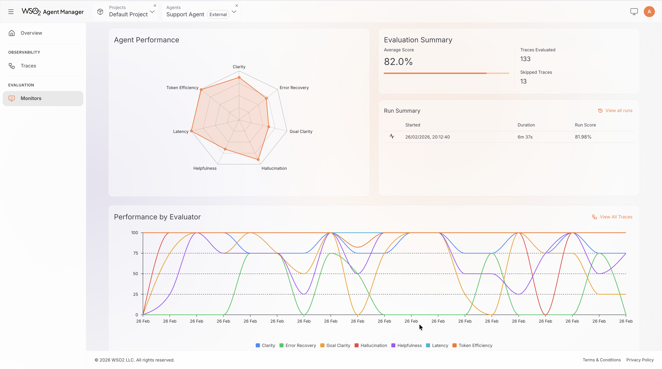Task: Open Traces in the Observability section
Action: [x=28, y=66]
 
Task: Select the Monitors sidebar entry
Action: [x=31, y=98]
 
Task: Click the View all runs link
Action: [x=619, y=111]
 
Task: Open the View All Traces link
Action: [x=616, y=217]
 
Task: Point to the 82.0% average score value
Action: [x=398, y=62]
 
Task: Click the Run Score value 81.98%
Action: [x=583, y=137]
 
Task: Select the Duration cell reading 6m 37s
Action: [x=525, y=137]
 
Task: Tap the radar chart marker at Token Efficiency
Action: [x=201, y=90]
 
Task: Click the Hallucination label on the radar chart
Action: [x=274, y=168]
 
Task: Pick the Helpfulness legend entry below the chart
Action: [x=409, y=346]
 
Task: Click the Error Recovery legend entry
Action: [x=300, y=346]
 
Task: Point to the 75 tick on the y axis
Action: [x=135, y=253]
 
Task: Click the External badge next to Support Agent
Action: [x=218, y=15]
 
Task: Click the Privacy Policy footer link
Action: [x=640, y=360]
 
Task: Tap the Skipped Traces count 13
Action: [x=523, y=81]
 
